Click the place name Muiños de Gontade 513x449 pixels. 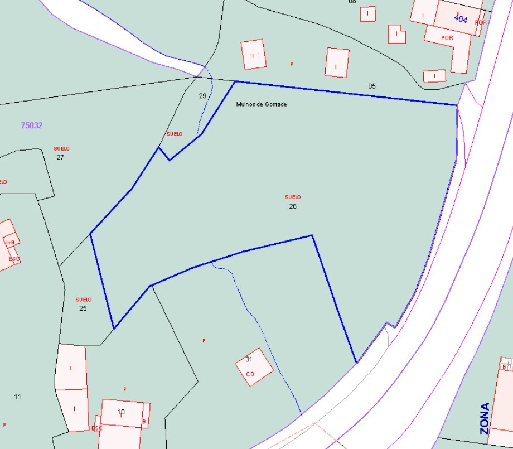pyautogui.click(x=261, y=104)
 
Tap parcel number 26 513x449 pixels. pyautogui.click(x=293, y=206)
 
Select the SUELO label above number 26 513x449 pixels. pyautogui.click(x=293, y=197)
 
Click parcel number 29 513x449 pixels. pyautogui.click(x=202, y=96)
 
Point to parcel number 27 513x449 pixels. pyautogui.click(x=60, y=157)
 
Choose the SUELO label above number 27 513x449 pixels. pyautogui.click(x=61, y=149)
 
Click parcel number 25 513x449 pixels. pyautogui.click(x=83, y=308)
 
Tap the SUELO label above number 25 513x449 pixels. pyautogui.click(x=84, y=300)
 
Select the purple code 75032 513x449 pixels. pyautogui.click(x=32, y=125)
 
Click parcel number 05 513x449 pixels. pyautogui.click(x=372, y=86)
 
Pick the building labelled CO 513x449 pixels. pyautogui.click(x=250, y=374)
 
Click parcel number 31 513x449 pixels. pyautogui.click(x=249, y=359)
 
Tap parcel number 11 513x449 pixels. pyautogui.click(x=17, y=397)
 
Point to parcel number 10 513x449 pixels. pyautogui.click(x=121, y=412)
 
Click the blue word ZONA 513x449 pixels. pyautogui.click(x=485, y=418)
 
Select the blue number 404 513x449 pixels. pyautogui.click(x=461, y=19)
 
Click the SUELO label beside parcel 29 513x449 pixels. pyautogui.click(x=175, y=134)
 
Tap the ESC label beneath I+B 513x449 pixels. pyautogui.click(x=14, y=259)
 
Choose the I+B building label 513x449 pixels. pyautogui.click(x=10, y=243)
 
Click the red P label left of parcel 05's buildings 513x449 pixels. pyautogui.click(x=291, y=64)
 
